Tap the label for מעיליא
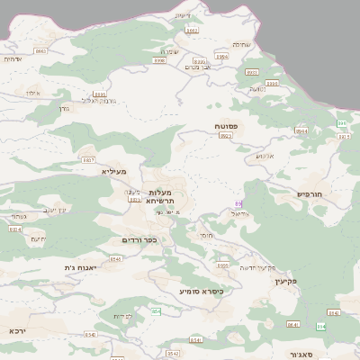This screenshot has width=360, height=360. pos(114,171)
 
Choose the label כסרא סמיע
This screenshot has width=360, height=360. pos(201,291)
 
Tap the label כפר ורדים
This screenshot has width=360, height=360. pos(139,240)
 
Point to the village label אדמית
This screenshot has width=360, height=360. pos(13,59)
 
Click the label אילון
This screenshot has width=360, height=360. pos(33,93)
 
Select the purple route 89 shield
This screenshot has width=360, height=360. pos(238,204)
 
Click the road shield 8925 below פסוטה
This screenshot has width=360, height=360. pos(225,136)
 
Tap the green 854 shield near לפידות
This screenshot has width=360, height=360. pos(156,311)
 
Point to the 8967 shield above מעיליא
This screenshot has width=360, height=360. pos(88,158)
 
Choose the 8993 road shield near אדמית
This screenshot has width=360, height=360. pos(40,51)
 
